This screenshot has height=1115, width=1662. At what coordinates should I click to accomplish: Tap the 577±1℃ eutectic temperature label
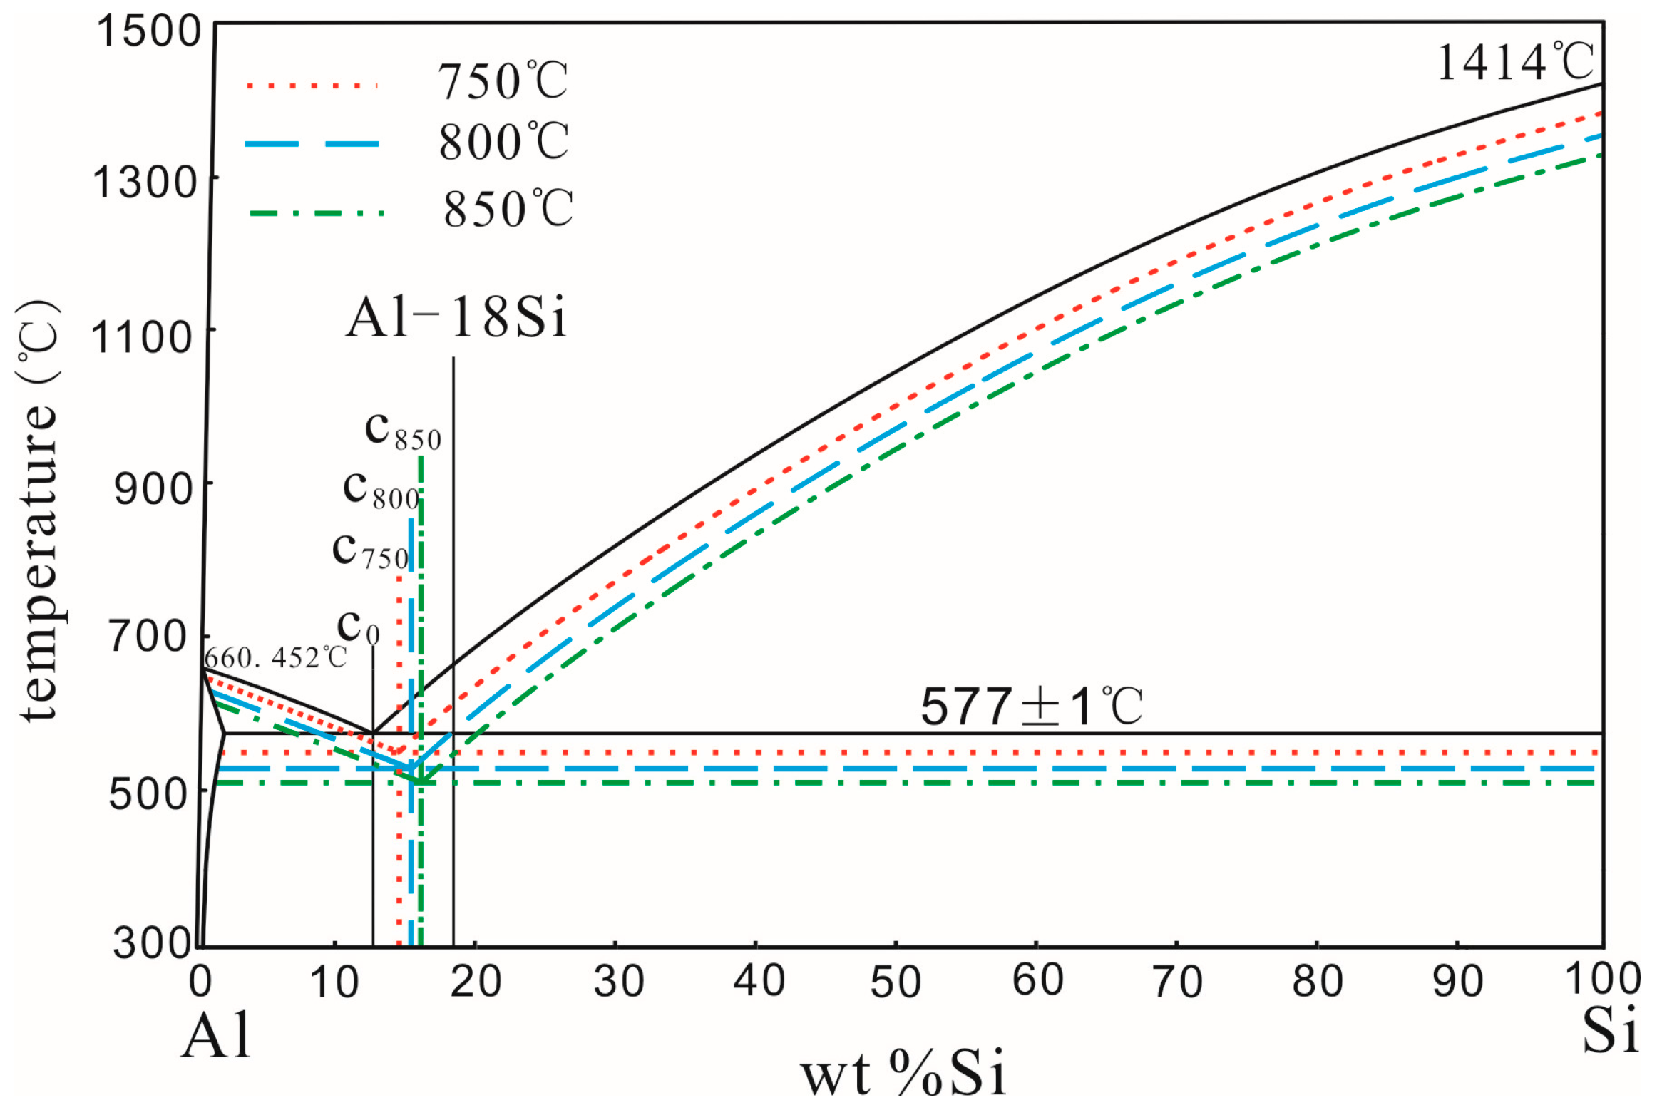pyautogui.click(x=1031, y=707)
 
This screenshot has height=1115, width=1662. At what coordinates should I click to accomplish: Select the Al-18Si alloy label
pyautogui.click(x=456, y=317)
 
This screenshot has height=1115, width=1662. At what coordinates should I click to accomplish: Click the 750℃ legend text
pyautogui.click(x=503, y=81)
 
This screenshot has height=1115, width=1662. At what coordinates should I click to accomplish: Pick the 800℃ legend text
pyautogui.click(x=503, y=142)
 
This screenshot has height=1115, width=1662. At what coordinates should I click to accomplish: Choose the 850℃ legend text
pyautogui.click(x=508, y=209)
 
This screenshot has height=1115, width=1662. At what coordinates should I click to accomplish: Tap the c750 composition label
pyautogui.click(x=370, y=551)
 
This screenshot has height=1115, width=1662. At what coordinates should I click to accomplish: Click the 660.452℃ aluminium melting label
pyautogui.click(x=275, y=657)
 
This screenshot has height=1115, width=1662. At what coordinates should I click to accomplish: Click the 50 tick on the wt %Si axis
pyautogui.click(x=896, y=982)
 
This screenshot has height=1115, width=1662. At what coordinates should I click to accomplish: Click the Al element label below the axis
pyautogui.click(x=216, y=1036)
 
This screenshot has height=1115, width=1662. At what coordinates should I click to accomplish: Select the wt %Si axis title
pyautogui.click(x=903, y=1074)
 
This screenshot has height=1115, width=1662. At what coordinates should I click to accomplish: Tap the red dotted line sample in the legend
pyautogui.click(x=312, y=86)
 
